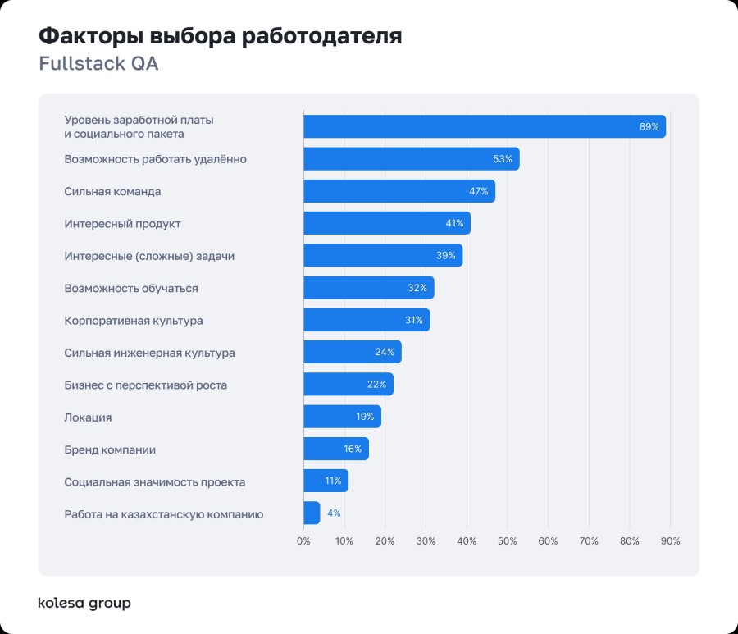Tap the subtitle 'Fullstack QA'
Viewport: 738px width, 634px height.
(98, 64)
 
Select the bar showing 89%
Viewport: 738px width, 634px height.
(484, 126)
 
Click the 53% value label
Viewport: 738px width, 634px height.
(503, 159)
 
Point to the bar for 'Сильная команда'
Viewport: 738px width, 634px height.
(399, 191)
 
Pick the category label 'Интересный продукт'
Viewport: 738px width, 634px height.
(122, 224)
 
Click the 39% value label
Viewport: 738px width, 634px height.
(445, 256)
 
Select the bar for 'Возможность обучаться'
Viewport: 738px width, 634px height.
(368, 288)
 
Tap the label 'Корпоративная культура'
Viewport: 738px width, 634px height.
(134, 321)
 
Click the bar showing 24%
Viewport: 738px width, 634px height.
(352, 353)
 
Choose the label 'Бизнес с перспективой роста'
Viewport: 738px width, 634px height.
(146, 385)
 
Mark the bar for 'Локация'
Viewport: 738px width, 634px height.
(342, 417)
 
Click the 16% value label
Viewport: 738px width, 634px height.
(353, 449)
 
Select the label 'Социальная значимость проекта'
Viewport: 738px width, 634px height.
(155, 482)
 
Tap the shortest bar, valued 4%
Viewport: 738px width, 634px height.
(312, 513)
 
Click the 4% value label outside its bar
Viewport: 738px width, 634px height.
(334, 513)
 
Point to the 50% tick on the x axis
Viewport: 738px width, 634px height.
(507, 541)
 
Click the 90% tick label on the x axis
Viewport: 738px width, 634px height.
(670, 541)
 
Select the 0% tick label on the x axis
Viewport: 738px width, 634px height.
(303, 541)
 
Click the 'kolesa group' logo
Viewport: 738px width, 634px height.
(84, 604)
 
